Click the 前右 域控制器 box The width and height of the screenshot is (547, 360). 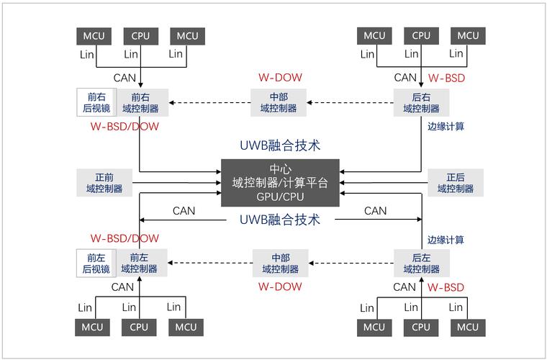click(140, 102)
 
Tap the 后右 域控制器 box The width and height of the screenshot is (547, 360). click(421, 102)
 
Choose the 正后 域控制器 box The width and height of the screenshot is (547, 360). click(456, 183)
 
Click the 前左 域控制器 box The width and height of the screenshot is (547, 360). click(139, 263)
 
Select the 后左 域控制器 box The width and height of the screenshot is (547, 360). click(421, 263)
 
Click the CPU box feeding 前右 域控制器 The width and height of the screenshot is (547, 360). click(140, 36)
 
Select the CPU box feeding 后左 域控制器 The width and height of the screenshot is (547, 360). click(421, 327)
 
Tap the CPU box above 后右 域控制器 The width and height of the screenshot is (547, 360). click(421, 36)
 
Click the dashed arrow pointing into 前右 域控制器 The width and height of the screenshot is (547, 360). click(209, 102)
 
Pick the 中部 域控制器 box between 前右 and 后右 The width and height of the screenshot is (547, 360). click(279, 102)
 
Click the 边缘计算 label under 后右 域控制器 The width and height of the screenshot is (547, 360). click(446, 127)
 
